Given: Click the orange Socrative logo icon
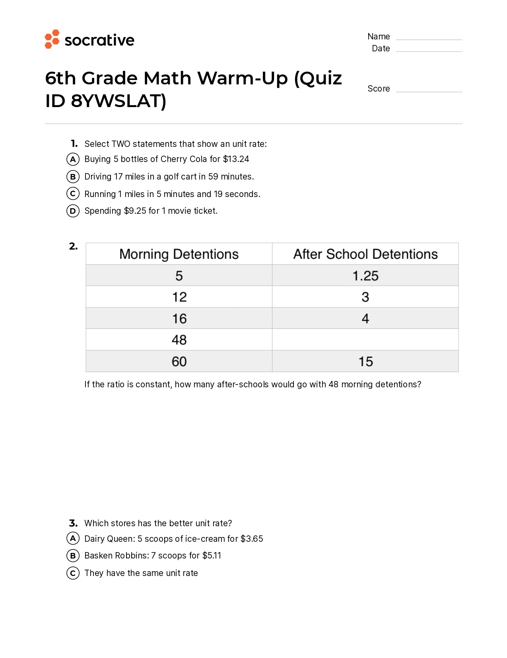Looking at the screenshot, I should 52,39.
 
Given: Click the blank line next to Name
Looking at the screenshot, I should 429,39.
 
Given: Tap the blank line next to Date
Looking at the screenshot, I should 429,51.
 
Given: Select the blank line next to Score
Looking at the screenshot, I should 429,91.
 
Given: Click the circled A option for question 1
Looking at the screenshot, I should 73,159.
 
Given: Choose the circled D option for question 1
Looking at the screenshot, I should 73,211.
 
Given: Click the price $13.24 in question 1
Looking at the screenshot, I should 236,159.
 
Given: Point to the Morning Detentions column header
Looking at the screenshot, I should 179,254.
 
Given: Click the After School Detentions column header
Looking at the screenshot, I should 365,254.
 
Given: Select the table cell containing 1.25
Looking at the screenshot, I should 365,275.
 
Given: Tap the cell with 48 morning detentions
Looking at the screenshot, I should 179,340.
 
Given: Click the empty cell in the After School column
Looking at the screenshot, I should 365,340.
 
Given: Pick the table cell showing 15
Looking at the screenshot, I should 365,361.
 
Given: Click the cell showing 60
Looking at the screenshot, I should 179,361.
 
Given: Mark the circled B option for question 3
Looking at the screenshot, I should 73,556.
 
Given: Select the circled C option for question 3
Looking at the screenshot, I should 73,573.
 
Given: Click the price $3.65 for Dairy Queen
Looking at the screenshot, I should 252,539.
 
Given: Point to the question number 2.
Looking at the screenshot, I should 73,246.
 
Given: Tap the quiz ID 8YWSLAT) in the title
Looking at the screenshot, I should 118,101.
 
